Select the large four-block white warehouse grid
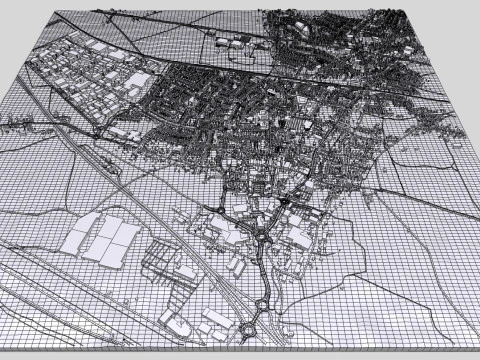99,240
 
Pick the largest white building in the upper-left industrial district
136,81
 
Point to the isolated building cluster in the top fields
229,41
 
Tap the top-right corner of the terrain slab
407,9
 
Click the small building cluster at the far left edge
14,125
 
